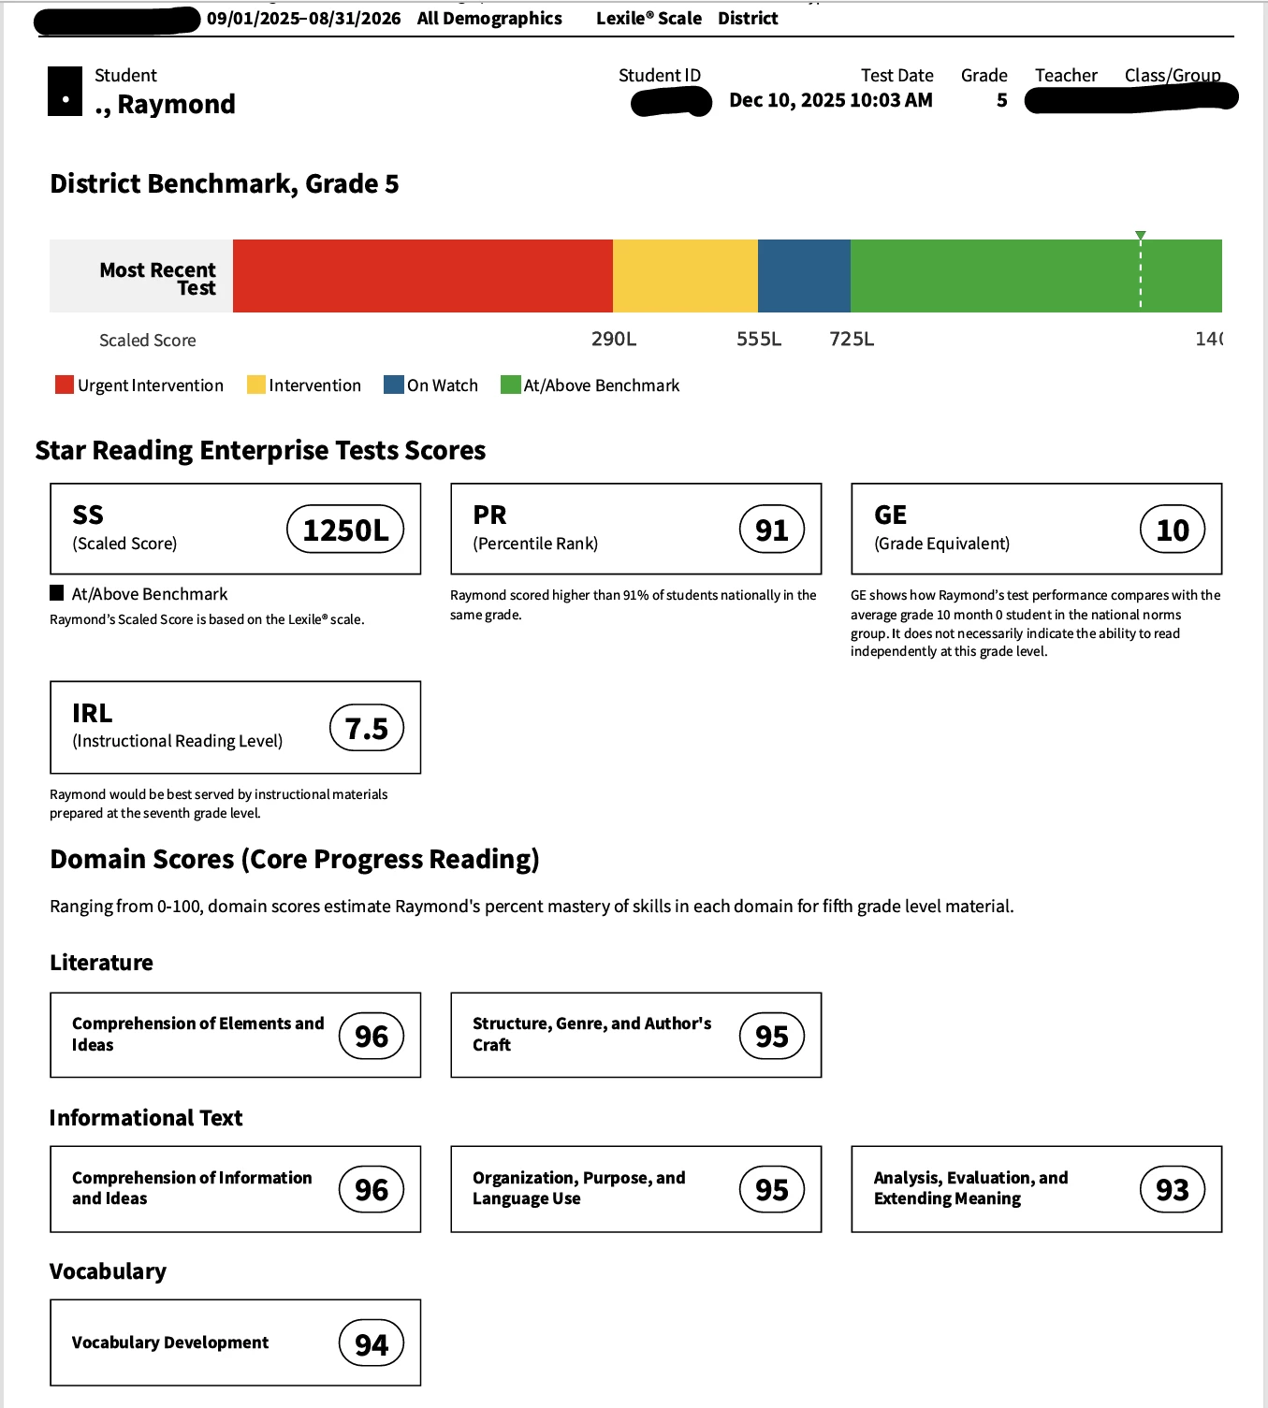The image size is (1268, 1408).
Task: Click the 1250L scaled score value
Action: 345,530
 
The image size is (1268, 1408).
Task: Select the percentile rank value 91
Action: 772,530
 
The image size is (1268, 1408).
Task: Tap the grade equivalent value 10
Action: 1173,530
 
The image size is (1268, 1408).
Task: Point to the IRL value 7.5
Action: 367,728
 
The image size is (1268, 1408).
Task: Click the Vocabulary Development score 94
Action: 372,1343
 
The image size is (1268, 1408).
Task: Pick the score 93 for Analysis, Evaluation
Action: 1173,1189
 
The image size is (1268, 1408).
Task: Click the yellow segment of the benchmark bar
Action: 685,276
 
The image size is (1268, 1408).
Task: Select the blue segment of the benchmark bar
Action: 804,276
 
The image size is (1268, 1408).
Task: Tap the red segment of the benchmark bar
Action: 422,276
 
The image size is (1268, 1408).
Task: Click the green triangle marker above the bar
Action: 1140,235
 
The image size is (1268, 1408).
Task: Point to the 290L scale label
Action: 614,339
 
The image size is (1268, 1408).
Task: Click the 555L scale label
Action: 759,339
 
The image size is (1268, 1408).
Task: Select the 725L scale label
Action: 852,339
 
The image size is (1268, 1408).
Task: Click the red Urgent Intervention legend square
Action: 65,385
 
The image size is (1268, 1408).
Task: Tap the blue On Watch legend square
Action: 394,385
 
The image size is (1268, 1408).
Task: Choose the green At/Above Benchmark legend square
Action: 510,385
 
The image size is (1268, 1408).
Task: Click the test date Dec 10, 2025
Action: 830,100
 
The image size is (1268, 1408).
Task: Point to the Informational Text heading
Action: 146,1118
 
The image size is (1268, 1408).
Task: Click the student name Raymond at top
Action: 176,104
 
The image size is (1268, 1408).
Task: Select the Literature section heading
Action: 101,963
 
